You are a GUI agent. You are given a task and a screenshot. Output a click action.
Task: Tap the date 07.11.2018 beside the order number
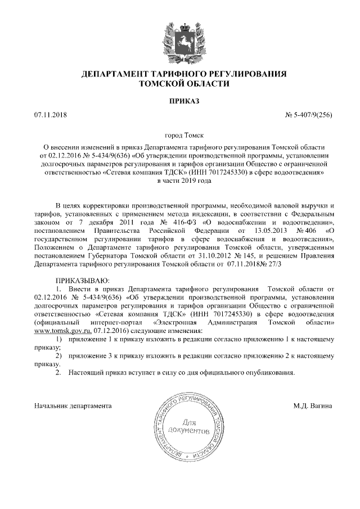[50, 116]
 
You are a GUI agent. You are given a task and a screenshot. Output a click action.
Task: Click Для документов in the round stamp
[188, 426]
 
